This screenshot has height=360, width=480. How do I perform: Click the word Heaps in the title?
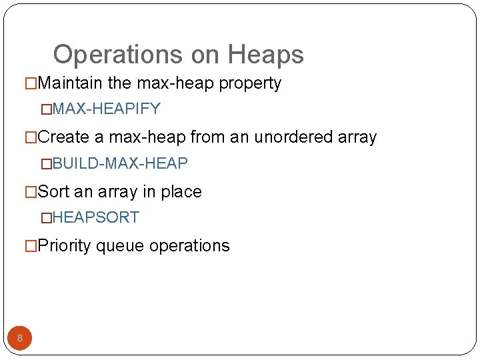(265, 55)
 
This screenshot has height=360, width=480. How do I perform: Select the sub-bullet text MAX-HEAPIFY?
(106, 109)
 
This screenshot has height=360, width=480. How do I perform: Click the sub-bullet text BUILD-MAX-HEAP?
(120, 163)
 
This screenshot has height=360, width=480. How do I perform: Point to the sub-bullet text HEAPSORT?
(95, 217)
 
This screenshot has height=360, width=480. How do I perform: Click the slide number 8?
(20, 338)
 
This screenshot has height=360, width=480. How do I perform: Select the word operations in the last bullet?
(189, 246)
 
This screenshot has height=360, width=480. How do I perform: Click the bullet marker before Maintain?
(31, 84)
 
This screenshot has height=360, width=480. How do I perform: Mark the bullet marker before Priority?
(31, 247)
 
